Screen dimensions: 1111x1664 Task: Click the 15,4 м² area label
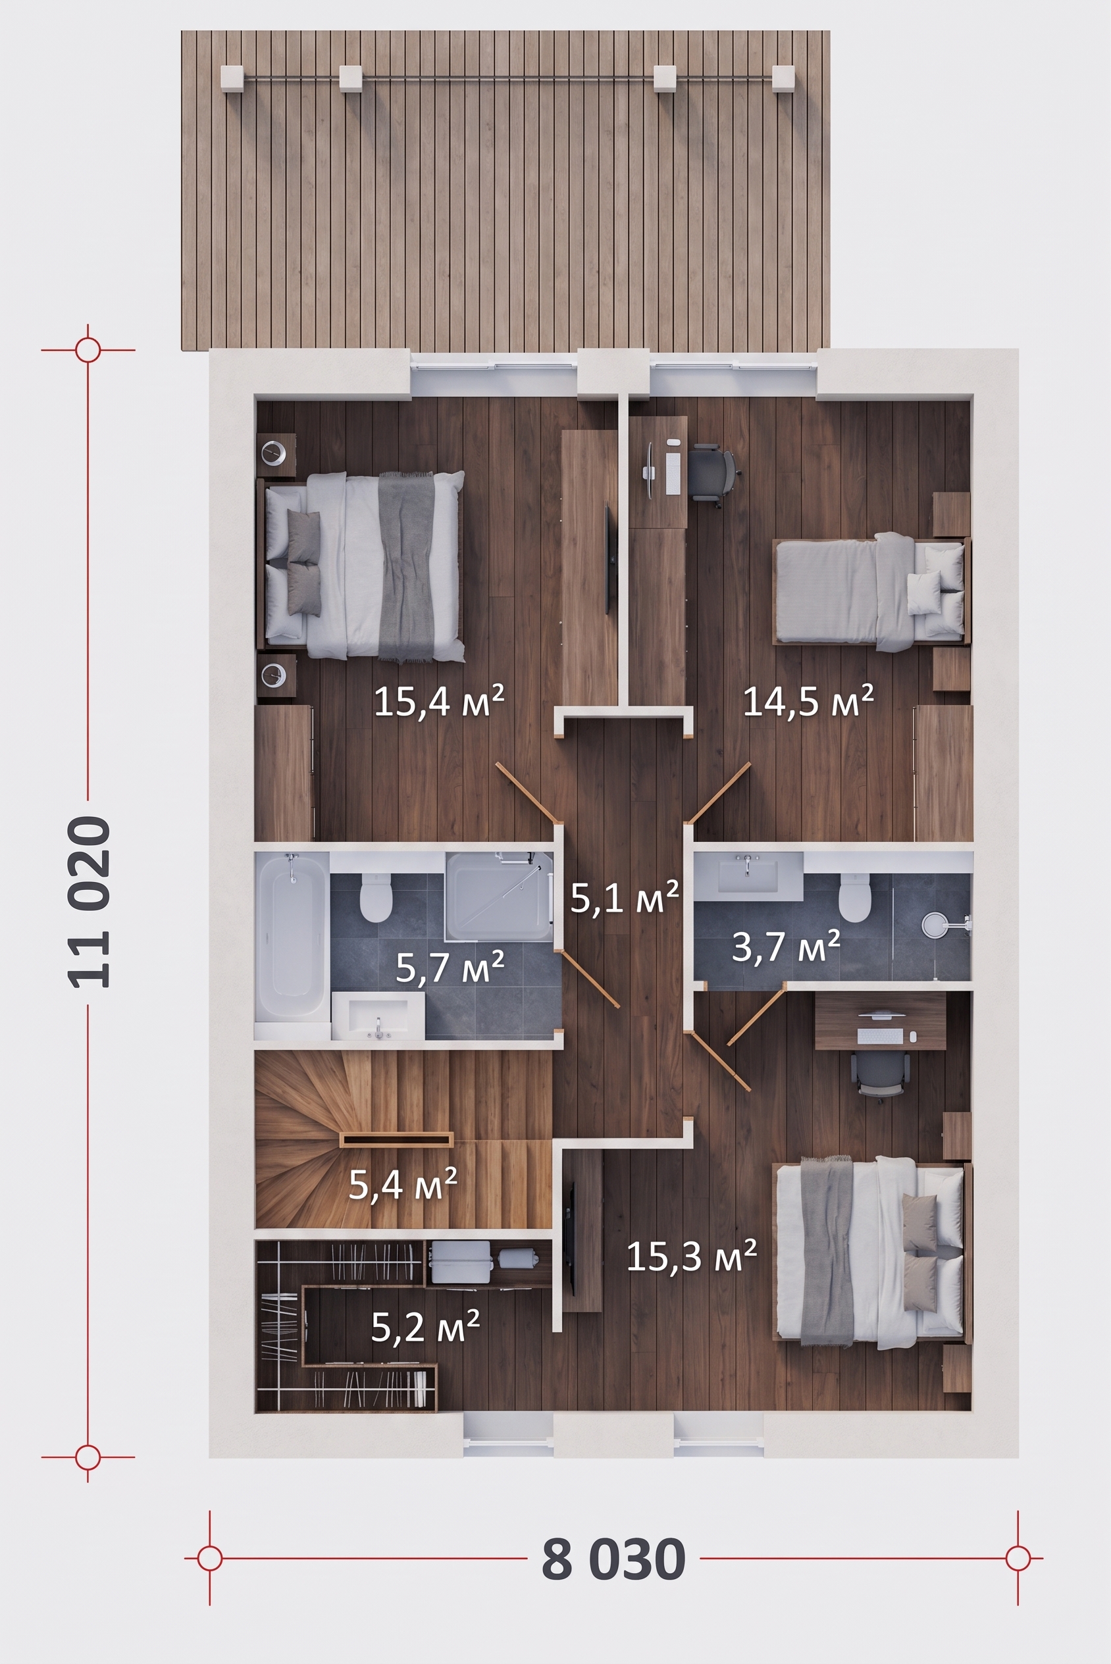(438, 701)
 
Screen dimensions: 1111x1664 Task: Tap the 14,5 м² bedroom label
(808, 700)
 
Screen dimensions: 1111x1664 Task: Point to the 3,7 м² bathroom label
(786, 946)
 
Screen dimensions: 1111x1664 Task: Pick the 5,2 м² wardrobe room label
(426, 1326)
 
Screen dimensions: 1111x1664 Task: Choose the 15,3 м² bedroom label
(692, 1256)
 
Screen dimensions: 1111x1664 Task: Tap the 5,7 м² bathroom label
(450, 967)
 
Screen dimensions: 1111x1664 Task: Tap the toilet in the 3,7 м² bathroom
(854, 896)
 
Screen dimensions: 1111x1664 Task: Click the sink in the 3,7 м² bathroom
(748, 872)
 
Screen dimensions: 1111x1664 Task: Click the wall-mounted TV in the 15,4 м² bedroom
(607, 559)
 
